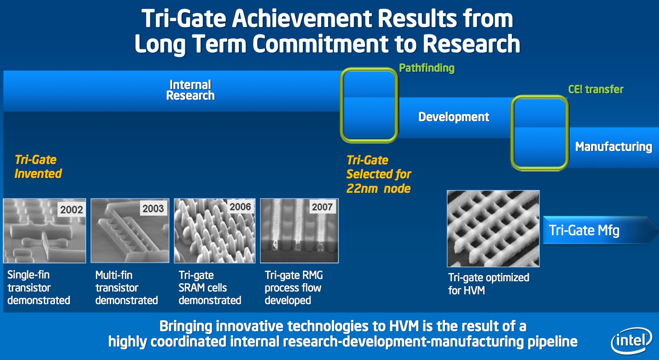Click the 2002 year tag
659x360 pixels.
(x=72, y=210)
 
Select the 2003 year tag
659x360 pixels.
(x=153, y=208)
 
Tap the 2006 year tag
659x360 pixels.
(x=240, y=207)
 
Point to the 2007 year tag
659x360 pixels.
(x=322, y=207)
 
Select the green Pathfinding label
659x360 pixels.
(x=427, y=68)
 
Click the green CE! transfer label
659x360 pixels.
(x=595, y=89)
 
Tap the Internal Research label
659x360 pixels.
(x=190, y=90)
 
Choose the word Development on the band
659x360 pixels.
(x=454, y=117)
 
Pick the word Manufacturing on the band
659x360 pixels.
(x=614, y=147)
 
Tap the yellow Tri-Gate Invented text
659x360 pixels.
(x=38, y=167)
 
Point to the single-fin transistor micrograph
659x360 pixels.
(x=44, y=231)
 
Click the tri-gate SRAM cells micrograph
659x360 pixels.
(x=215, y=231)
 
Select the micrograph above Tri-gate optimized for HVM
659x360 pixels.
(x=493, y=228)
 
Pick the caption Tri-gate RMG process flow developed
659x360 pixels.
(x=294, y=288)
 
